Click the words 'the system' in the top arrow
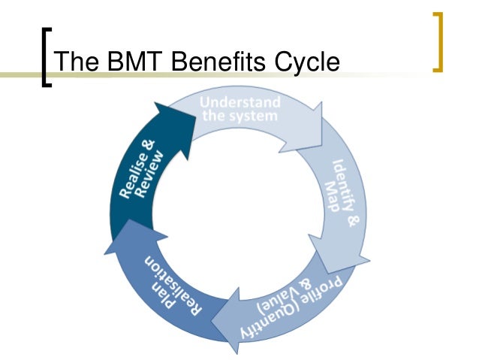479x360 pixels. point(239,116)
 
